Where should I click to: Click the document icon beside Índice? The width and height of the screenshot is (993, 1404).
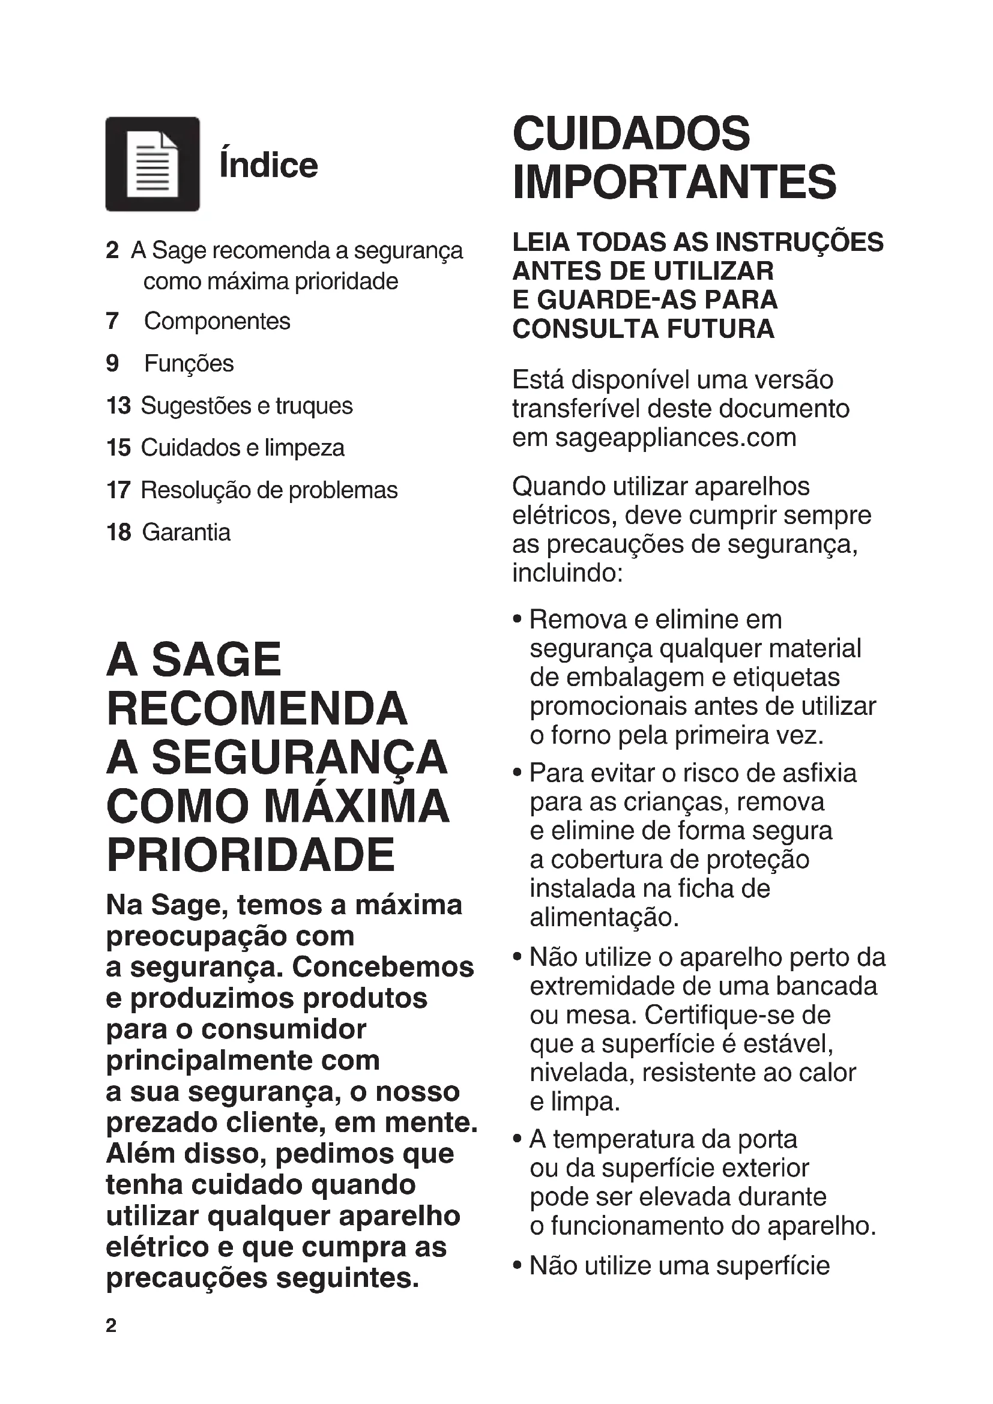tap(152, 164)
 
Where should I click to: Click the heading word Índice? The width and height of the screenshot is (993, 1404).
tap(268, 165)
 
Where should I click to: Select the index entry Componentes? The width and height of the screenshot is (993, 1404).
tap(217, 321)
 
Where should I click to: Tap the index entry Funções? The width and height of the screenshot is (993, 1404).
tap(189, 363)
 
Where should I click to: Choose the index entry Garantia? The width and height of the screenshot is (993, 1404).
tap(187, 532)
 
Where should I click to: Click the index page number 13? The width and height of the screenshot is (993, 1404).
tap(119, 405)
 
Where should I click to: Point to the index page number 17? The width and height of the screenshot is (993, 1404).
tap(119, 490)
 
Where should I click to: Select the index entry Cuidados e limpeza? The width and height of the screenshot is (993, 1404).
tap(243, 448)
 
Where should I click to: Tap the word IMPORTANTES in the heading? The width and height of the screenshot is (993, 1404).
tap(674, 182)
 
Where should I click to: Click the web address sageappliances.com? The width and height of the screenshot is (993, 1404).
tap(675, 438)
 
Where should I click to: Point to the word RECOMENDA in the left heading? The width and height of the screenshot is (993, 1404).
tap(257, 709)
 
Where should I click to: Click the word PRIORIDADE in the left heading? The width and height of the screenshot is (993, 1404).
tap(251, 855)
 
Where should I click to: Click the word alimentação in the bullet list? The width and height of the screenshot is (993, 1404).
tap(604, 917)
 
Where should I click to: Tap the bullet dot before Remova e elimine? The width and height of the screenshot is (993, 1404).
tap(518, 619)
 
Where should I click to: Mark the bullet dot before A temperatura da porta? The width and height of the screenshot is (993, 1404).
tap(518, 1139)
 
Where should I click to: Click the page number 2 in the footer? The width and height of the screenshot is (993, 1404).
tap(111, 1325)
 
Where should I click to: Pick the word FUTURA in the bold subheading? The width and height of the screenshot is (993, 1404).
tap(720, 329)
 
